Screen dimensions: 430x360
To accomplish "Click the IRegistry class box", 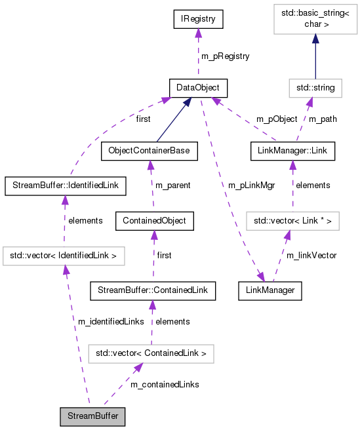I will click(198, 19).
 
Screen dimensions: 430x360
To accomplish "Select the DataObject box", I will click(198, 87).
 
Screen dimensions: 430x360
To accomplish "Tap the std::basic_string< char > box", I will click(315, 19).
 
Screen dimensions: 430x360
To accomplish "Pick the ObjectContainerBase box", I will click(149, 151).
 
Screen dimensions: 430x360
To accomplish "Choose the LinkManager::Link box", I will click(292, 151).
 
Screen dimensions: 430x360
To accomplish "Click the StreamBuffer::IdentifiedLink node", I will click(64, 186).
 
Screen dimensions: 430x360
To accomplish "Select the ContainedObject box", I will click(154, 221).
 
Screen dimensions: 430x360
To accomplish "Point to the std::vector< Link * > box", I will click(292, 221).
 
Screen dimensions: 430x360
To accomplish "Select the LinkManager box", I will click(270, 289).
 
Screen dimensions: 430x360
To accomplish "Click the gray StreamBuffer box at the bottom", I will click(92, 416).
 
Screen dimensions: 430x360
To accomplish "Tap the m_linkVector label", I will click(311, 255).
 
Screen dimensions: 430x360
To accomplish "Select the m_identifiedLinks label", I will click(111, 321).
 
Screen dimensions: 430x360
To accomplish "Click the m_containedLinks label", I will click(165, 384).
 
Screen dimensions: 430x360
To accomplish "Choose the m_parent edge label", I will click(172, 186).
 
